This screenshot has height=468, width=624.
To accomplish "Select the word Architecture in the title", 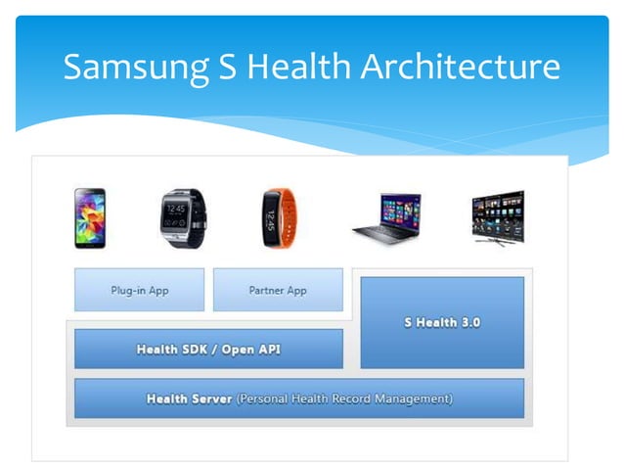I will pos(463,67).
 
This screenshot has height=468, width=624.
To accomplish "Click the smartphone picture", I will pos(90,217).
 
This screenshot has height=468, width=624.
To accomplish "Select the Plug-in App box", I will pos(139,290).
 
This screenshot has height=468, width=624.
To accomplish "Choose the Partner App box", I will pos(278,290).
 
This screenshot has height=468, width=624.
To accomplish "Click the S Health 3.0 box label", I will pos(442,322).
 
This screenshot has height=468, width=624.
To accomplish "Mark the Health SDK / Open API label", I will pos(208,350).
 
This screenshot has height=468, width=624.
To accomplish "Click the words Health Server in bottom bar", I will pos(189,398).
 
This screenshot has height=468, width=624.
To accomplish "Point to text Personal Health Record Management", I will pos(344,398).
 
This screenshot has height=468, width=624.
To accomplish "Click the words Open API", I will pos(250,350).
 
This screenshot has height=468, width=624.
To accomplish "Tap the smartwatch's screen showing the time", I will pos(177,214).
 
